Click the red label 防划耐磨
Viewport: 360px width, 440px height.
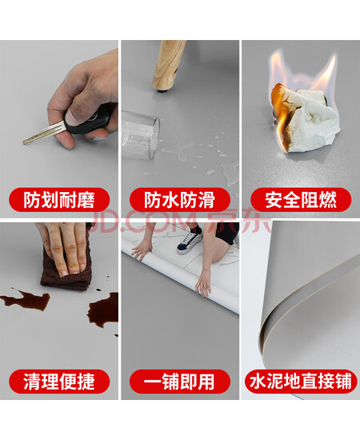tap(59, 200)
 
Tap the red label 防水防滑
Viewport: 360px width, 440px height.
tap(179, 200)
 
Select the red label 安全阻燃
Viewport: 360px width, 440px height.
tap(301, 200)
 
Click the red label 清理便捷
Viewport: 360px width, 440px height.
tap(59, 382)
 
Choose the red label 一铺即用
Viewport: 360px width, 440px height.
tap(179, 382)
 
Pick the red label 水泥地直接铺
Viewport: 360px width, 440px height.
tap(301, 382)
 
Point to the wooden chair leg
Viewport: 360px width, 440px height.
tap(169, 66)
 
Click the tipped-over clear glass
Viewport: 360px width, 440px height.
tap(140, 134)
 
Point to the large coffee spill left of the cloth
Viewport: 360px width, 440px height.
tap(26, 300)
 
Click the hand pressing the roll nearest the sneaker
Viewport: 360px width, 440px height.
tap(204, 282)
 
